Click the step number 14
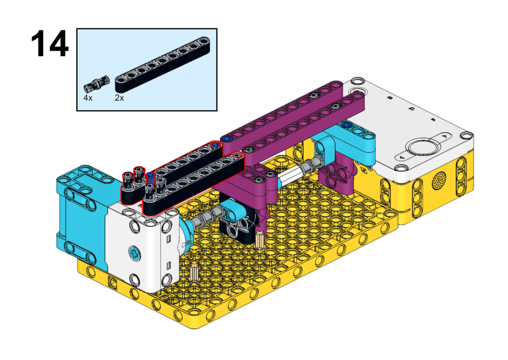tap(50, 44)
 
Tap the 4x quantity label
tap(88, 98)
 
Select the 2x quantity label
tap(119, 98)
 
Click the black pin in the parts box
tap(97, 83)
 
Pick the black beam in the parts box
tap(162, 65)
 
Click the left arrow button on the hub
tap(403, 157)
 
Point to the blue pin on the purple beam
tap(227, 139)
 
